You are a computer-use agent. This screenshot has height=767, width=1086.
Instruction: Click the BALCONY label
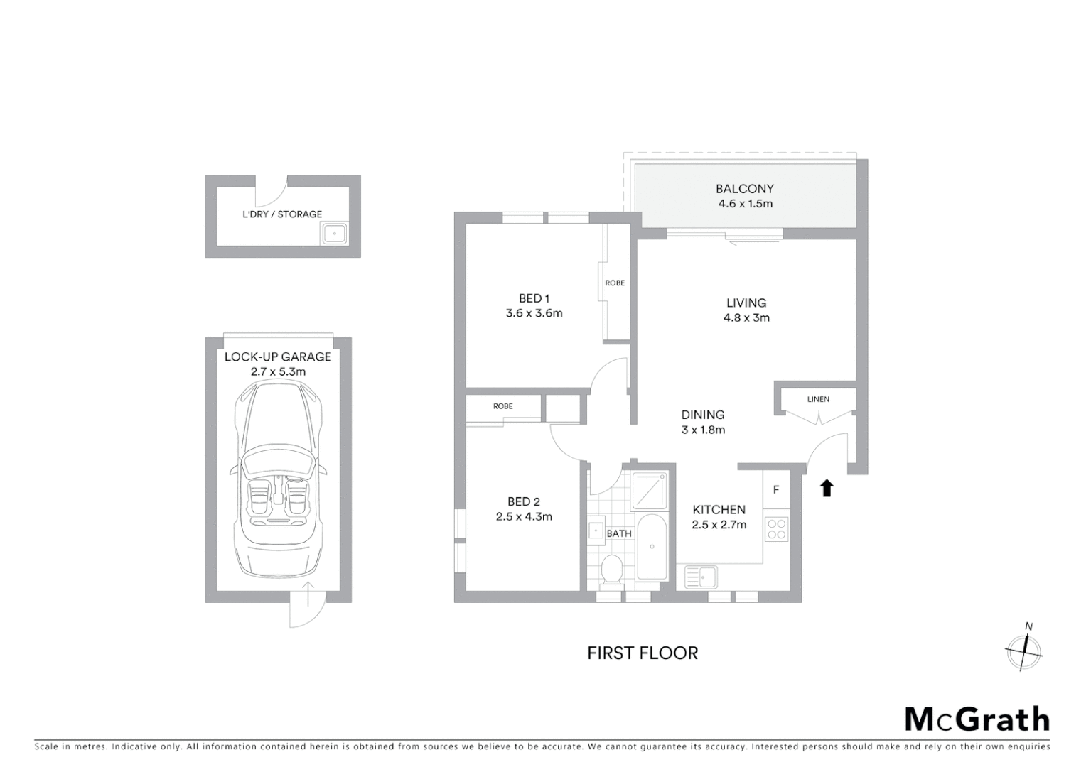coord(744,189)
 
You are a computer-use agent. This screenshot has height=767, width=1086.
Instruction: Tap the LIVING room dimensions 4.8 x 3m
coord(746,318)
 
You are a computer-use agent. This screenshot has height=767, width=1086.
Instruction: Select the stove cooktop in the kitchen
coord(776,528)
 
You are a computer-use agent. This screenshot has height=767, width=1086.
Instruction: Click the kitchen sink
coord(701,577)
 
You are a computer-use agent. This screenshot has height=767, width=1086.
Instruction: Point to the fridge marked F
coord(776,490)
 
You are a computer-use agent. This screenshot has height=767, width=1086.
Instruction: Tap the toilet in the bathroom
coord(611,570)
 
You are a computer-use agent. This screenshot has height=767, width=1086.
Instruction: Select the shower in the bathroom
coord(650,491)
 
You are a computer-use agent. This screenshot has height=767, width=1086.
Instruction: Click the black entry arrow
coord(826,488)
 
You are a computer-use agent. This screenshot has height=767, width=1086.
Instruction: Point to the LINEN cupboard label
coord(818,399)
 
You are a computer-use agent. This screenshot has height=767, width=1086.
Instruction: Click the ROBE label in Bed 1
coord(615,283)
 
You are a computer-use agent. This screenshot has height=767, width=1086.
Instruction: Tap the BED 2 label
coord(524,502)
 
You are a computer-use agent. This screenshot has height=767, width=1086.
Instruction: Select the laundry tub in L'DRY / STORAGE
coord(334,233)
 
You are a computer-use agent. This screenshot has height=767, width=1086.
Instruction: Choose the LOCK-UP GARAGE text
coord(278,357)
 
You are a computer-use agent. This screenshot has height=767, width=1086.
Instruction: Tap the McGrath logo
coord(977,719)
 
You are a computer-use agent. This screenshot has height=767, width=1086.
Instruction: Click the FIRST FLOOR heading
coord(643,653)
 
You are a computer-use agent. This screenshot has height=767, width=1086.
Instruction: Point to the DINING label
coord(703,415)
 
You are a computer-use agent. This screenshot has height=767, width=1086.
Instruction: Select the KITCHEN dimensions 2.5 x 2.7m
coord(719,525)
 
